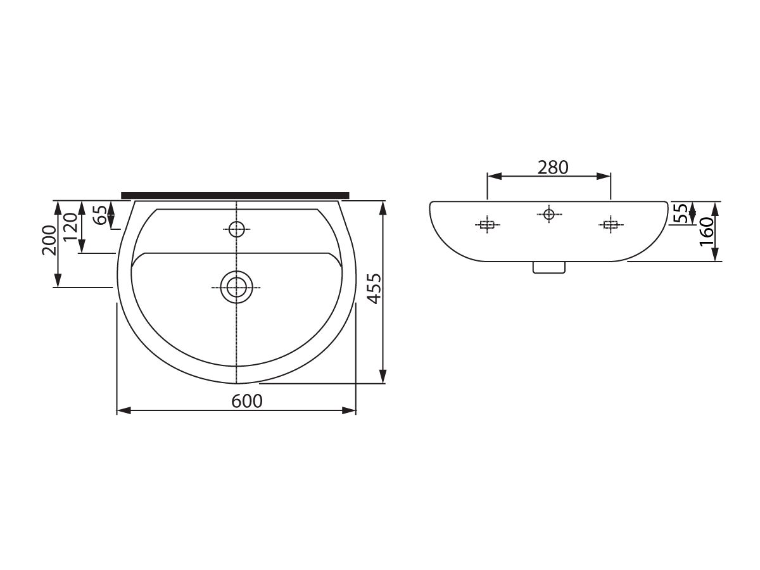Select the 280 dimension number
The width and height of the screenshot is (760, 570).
pos(553,167)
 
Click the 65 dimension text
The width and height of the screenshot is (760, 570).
pos(100,215)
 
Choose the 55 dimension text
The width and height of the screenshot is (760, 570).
pos(680,213)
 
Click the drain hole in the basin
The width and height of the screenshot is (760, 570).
pos(236,288)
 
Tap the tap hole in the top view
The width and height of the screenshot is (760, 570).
pos(236,229)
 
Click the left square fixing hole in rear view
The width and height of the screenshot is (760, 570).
pos(486,225)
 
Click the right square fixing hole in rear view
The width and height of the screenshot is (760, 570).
pos(610,225)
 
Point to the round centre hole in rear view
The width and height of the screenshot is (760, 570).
pos(549,214)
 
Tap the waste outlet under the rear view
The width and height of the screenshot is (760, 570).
pos(548,268)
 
